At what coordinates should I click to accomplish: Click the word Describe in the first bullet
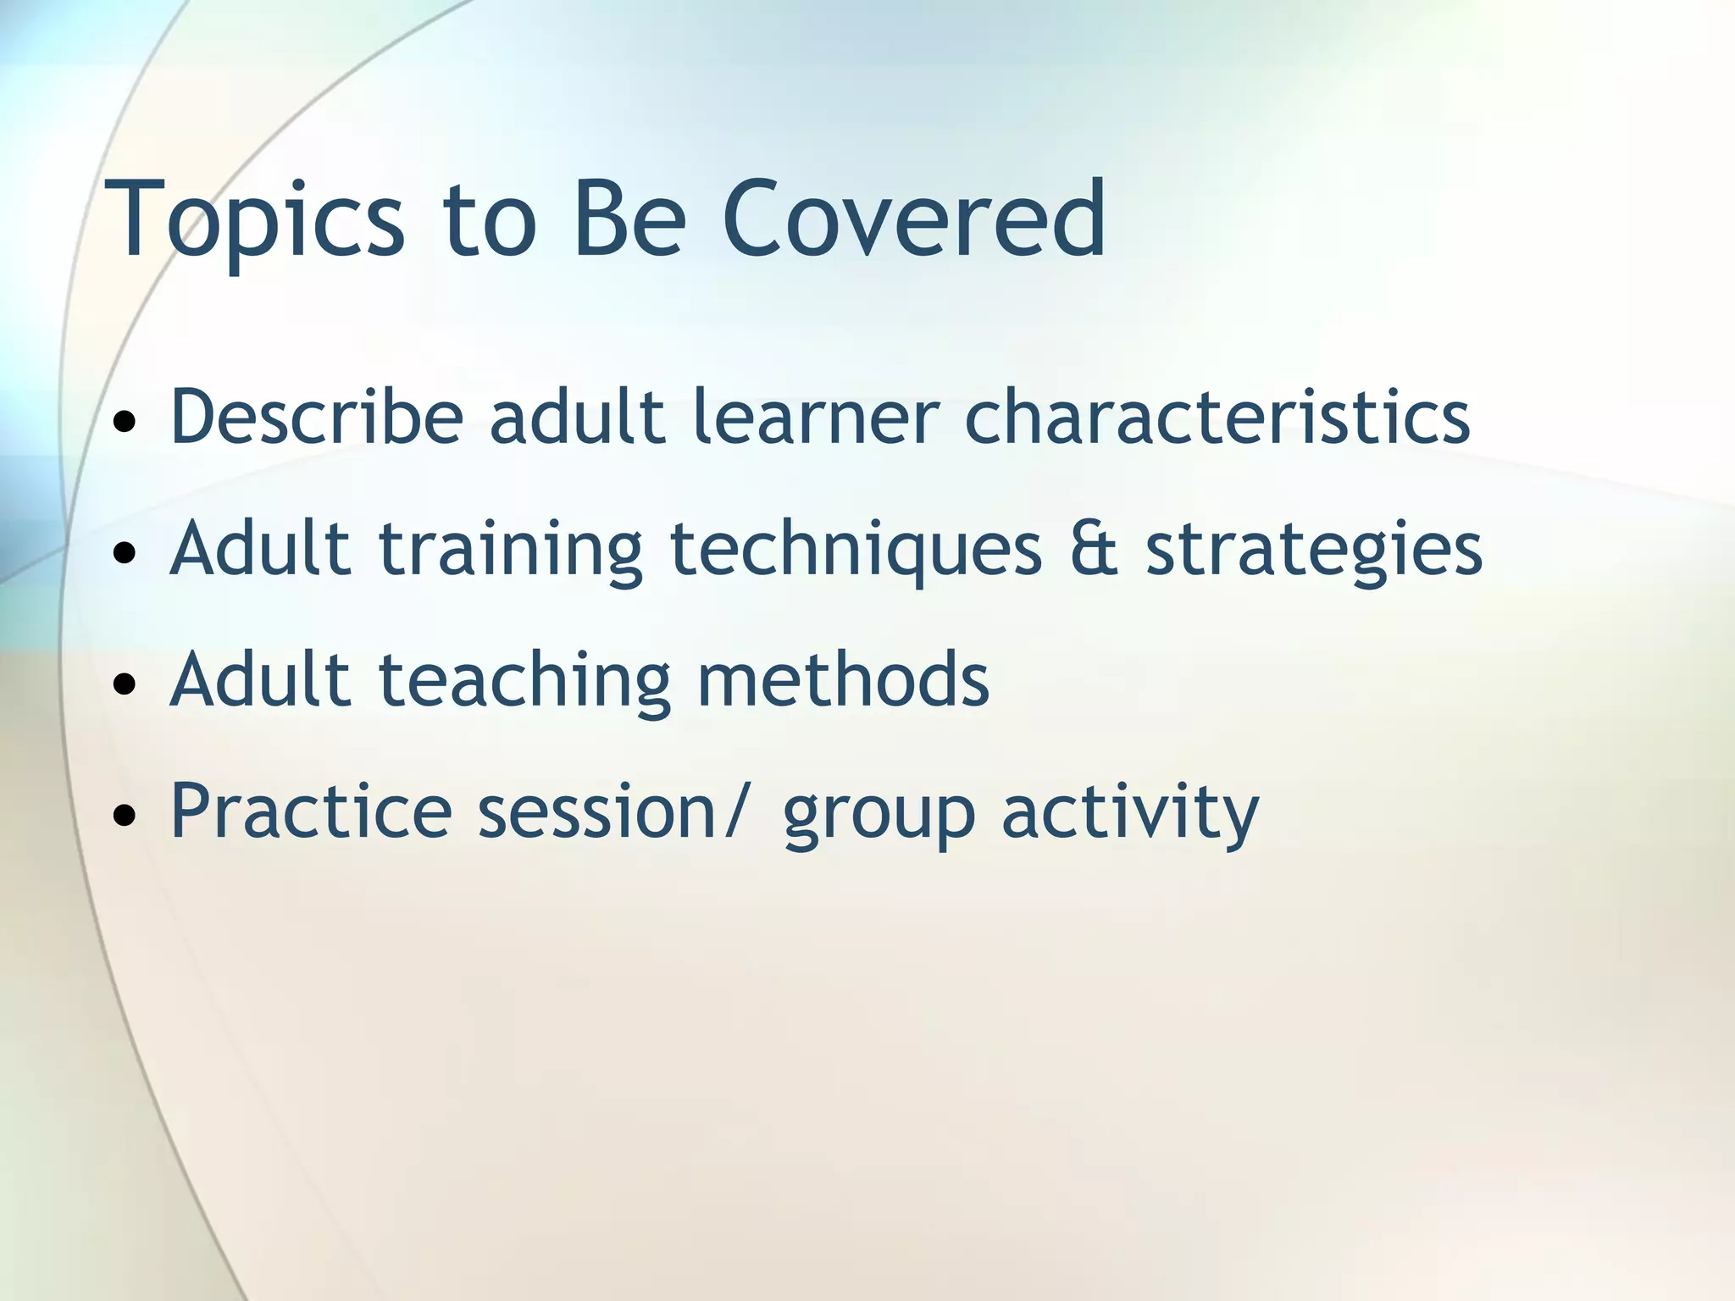(316, 416)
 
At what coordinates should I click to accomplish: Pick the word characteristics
(1217, 416)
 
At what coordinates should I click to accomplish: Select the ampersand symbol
(1094, 548)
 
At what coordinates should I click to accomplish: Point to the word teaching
(524, 680)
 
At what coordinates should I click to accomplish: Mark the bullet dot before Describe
(125, 421)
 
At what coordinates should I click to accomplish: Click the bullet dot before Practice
(125, 816)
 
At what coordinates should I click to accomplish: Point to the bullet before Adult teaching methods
(125, 684)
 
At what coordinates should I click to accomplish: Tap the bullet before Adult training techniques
(125, 553)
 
